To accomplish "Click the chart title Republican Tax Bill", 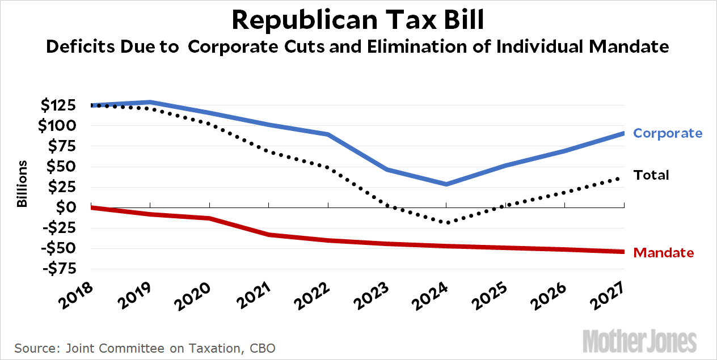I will tap(358, 21).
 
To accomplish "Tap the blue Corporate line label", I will tap(668, 133).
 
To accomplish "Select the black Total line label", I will tap(651, 175).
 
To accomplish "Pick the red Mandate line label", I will tap(663, 253).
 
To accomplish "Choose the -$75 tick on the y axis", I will tap(60, 269).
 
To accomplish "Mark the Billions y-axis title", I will tap(23, 184).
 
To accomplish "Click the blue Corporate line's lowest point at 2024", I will tap(446, 184).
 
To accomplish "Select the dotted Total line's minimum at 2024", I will tap(446, 222).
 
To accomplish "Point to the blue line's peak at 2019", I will tap(150, 103).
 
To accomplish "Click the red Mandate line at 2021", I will tap(269, 235).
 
